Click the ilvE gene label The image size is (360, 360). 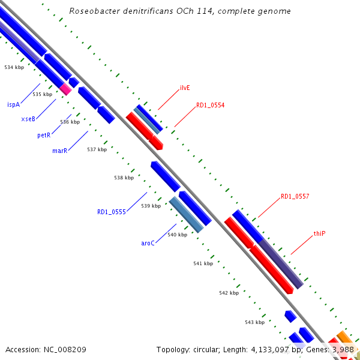click(185, 88)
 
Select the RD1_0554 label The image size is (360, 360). click(210, 106)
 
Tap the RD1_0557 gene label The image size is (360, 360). click(295, 197)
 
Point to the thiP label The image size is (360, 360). click(319, 233)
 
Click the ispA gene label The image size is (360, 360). click(13, 104)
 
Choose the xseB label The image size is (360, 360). click(28, 119)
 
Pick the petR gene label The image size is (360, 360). click(43, 136)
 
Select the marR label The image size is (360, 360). click(59, 151)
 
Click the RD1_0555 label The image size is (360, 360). click(112, 212)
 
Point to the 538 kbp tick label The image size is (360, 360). click(124, 178)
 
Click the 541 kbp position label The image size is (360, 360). click(203, 263)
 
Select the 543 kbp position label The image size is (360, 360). click(255, 322)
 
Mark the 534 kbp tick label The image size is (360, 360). click(14, 67)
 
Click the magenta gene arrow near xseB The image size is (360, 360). click(65, 89)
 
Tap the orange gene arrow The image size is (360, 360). click(343, 336)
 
